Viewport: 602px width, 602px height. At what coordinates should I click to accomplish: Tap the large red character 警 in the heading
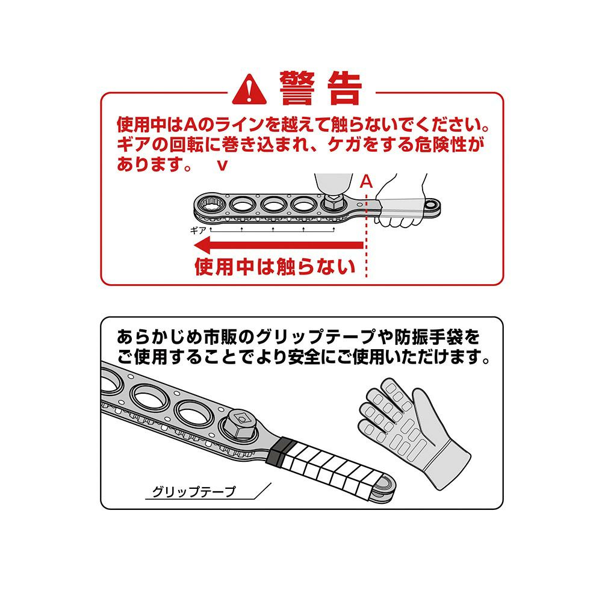coord(297,88)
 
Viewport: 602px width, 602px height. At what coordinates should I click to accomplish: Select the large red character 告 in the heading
coord(345,88)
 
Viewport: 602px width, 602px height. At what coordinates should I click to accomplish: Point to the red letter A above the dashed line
coord(366,182)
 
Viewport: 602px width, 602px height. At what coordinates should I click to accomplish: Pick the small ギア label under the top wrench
coord(198,231)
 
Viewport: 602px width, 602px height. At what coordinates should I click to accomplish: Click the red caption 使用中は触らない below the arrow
coord(275,267)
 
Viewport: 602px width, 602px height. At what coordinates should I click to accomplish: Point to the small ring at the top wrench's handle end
coord(433,202)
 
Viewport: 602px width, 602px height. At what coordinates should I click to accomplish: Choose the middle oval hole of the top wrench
coord(273,204)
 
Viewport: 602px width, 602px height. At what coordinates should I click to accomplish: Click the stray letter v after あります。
coord(222,166)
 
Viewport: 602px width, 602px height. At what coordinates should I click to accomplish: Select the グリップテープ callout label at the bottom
coord(194,492)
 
